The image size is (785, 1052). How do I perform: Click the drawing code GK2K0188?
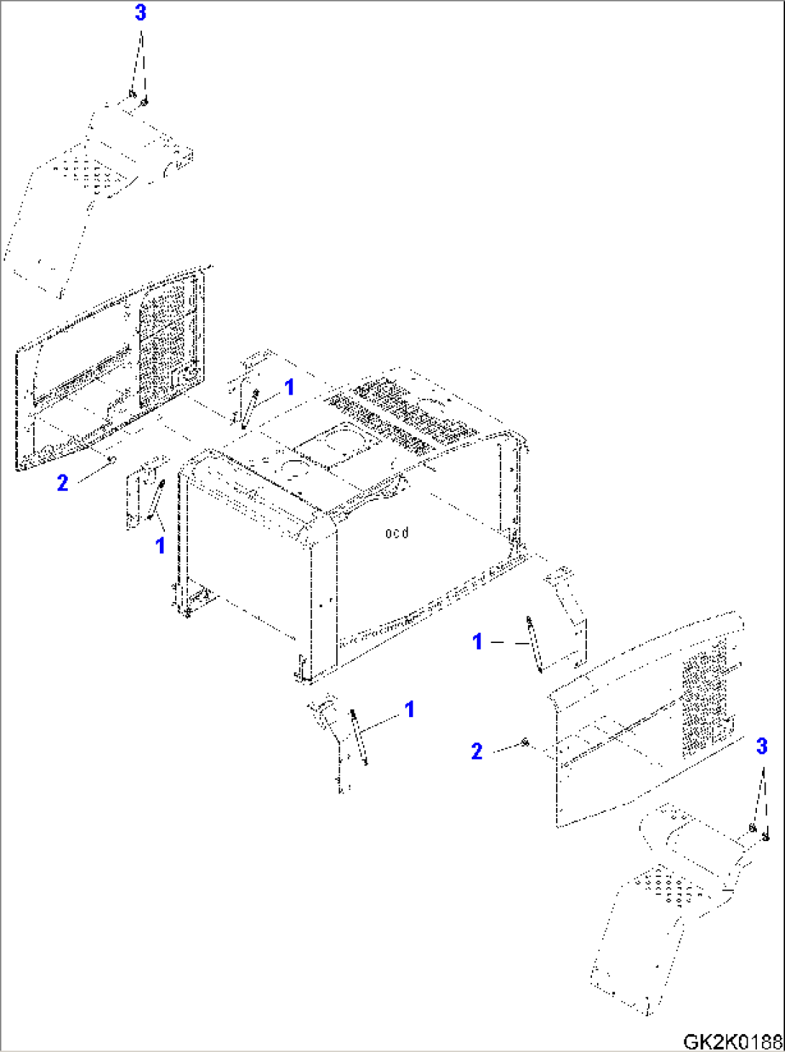[x=731, y=1041]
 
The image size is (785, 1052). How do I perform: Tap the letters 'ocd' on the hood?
[x=397, y=533]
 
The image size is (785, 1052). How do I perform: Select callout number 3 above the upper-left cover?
[x=140, y=13]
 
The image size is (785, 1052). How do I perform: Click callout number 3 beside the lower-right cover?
[x=762, y=747]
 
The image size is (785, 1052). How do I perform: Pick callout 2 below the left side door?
[x=63, y=482]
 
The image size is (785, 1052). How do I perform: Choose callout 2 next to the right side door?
[x=477, y=752]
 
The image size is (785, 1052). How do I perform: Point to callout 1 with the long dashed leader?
[x=477, y=641]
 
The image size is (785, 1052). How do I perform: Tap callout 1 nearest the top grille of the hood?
[x=289, y=387]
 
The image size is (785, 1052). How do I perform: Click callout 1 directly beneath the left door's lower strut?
[x=161, y=546]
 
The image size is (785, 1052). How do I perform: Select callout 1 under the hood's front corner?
[x=409, y=709]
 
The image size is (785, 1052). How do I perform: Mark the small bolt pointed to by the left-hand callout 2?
[x=110, y=459]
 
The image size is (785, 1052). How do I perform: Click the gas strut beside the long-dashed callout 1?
[x=534, y=644]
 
